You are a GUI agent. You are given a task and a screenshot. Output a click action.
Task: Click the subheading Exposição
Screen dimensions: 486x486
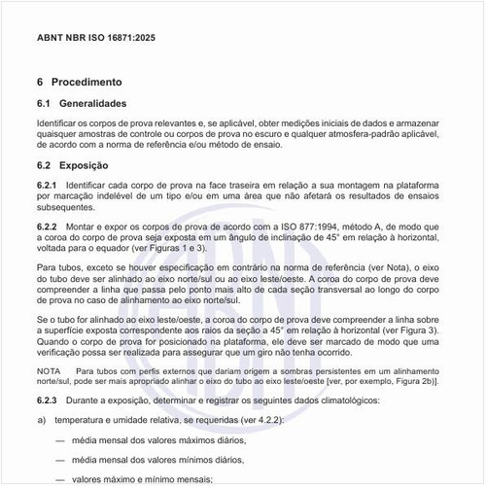click(84, 165)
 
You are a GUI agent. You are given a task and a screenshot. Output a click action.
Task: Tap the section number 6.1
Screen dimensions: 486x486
click(44, 103)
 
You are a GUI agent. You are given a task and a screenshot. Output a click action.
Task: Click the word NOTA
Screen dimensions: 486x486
click(48, 371)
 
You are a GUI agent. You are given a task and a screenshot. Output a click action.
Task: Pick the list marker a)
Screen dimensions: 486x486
click(41, 420)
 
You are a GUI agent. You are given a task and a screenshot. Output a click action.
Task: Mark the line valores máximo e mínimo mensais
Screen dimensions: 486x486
click(142, 478)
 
